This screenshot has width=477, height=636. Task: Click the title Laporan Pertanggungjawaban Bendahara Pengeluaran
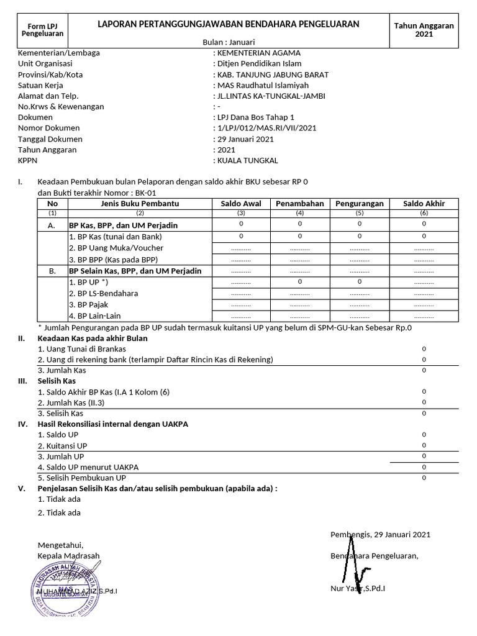point(228,24)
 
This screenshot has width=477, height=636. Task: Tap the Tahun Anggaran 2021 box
point(424,29)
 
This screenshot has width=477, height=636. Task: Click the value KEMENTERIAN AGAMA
point(258,53)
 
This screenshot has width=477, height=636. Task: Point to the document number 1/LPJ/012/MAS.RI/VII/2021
point(266,128)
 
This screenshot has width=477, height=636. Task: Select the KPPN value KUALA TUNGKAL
point(247,160)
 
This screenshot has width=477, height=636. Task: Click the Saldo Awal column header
point(241,204)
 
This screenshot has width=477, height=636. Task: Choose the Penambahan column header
point(299,204)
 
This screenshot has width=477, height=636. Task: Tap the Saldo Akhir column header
point(424,204)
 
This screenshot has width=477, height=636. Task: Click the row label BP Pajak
point(91,305)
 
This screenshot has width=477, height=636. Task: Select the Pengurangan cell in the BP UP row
point(359,282)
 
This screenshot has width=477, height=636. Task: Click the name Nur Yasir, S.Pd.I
point(358,588)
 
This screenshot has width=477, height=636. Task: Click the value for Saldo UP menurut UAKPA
point(424,467)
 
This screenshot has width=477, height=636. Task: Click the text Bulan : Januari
point(228,41)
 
